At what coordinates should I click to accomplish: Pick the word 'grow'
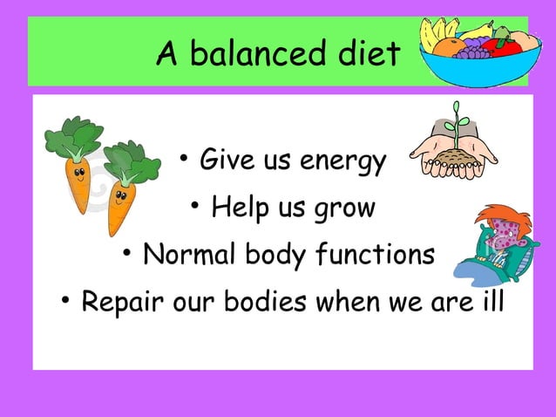click(x=346, y=209)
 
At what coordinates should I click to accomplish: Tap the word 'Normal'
click(x=182, y=255)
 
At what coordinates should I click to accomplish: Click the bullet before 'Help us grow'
click(x=197, y=208)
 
